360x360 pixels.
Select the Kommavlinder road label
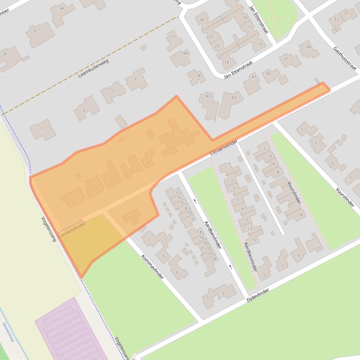click(152, 267)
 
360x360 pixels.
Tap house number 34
click(61, 9)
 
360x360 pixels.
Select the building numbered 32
click(34, 31)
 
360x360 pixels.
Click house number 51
click(173, 37)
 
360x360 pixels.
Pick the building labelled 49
click(186, 53)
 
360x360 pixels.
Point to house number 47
click(200, 76)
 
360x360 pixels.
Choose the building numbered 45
click(209, 97)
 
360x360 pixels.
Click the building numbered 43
click(234, 97)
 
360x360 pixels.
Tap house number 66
click(309, 47)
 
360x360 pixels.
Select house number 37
click(286, 59)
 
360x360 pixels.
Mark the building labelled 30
click(5, 54)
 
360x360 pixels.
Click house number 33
click(335, 19)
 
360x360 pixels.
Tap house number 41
click(254, 77)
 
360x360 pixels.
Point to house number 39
click(268, 74)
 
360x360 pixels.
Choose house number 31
click(347, 13)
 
